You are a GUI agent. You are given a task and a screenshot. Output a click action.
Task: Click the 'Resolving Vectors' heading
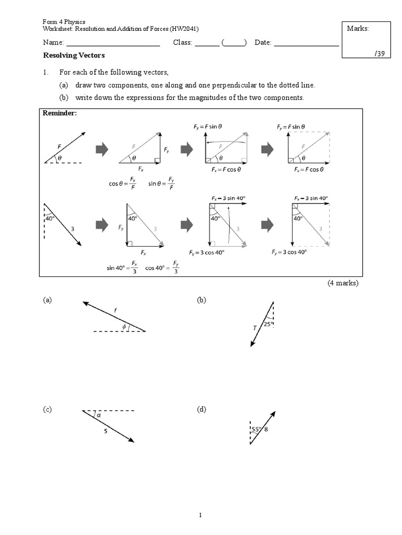[x=73, y=55]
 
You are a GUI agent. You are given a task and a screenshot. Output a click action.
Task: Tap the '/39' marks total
[x=379, y=54]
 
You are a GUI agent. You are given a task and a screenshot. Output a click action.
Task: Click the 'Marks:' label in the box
[x=358, y=28]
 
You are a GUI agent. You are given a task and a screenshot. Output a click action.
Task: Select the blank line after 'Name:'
[x=113, y=43]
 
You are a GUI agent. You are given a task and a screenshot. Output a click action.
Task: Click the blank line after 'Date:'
[x=306, y=43]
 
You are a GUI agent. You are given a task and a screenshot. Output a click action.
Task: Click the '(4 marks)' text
[x=343, y=283]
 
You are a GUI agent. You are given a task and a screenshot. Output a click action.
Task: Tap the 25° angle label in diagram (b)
[x=269, y=324]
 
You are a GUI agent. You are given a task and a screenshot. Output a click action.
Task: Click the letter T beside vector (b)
[x=255, y=328]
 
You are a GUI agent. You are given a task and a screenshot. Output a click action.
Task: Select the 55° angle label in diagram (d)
[x=256, y=430]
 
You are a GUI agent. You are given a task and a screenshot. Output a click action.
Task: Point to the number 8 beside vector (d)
[x=266, y=430]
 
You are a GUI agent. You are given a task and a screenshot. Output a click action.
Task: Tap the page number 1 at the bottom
[x=200, y=515]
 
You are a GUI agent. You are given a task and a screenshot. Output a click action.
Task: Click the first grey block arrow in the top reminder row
[x=102, y=150]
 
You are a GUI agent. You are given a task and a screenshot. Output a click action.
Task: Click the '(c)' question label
[x=48, y=410]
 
